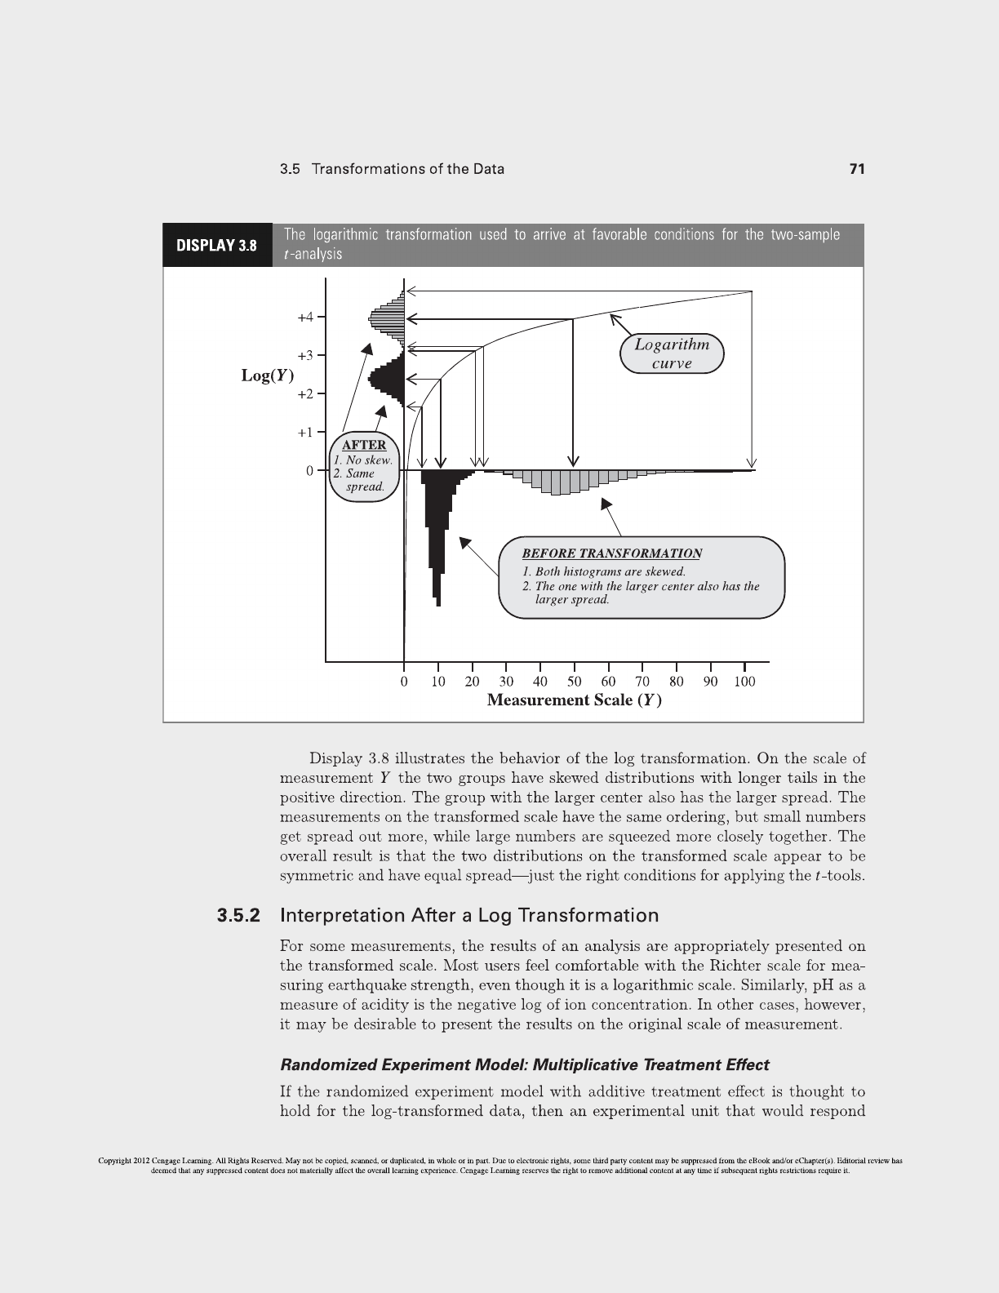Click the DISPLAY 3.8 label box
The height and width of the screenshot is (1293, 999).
tap(217, 245)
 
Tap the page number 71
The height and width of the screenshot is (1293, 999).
tap(856, 169)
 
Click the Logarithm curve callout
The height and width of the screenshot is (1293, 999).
tap(672, 353)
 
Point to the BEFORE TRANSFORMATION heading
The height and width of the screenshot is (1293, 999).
tap(611, 553)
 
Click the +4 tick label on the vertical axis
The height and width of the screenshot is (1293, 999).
tap(304, 317)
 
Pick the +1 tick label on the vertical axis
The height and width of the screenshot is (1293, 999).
tap(304, 432)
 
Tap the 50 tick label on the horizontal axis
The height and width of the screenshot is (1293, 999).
tap(574, 682)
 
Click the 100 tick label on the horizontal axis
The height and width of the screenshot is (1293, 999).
tap(744, 682)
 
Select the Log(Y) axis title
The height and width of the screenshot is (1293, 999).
tap(267, 375)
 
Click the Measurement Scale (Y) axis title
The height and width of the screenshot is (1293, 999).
tap(574, 700)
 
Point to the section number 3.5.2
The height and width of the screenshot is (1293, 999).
tap(238, 915)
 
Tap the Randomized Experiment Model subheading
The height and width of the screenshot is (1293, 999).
tap(524, 1064)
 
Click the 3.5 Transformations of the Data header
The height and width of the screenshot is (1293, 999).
tap(392, 169)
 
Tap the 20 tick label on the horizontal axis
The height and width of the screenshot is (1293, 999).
tap(472, 682)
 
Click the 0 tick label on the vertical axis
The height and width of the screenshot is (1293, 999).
tap(309, 471)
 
